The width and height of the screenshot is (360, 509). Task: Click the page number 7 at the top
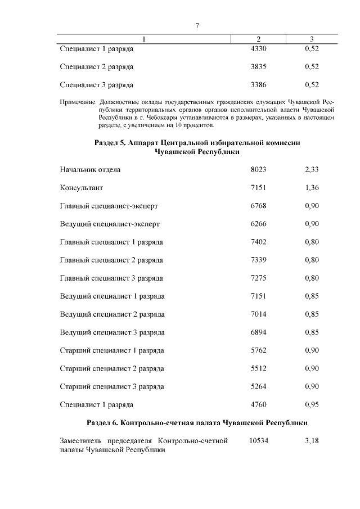point(197,26)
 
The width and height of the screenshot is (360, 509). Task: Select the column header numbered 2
point(258,39)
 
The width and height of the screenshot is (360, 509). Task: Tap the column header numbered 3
point(312,39)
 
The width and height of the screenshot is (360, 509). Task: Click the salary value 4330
point(258,49)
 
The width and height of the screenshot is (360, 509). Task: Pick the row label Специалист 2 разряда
point(96,67)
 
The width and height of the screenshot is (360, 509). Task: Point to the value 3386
point(258,85)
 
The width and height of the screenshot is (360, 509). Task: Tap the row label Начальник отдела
point(90,169)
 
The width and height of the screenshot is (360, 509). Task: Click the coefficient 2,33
point(312,169)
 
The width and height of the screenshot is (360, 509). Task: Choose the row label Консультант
point(82,187)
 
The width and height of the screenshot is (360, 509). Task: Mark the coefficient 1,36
point(312,187)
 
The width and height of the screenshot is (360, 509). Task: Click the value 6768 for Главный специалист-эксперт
point(258,206)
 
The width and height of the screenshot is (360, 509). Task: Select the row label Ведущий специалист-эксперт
point(110,224)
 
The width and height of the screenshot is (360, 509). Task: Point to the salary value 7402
point(258,242)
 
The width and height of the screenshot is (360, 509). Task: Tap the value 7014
point(258,314)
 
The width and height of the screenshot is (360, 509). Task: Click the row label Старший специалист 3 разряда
point(112,387)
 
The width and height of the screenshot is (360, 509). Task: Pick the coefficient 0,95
point(312,405)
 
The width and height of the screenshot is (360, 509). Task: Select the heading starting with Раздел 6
point(197,422)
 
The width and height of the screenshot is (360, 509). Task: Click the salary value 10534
point(258,441)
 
